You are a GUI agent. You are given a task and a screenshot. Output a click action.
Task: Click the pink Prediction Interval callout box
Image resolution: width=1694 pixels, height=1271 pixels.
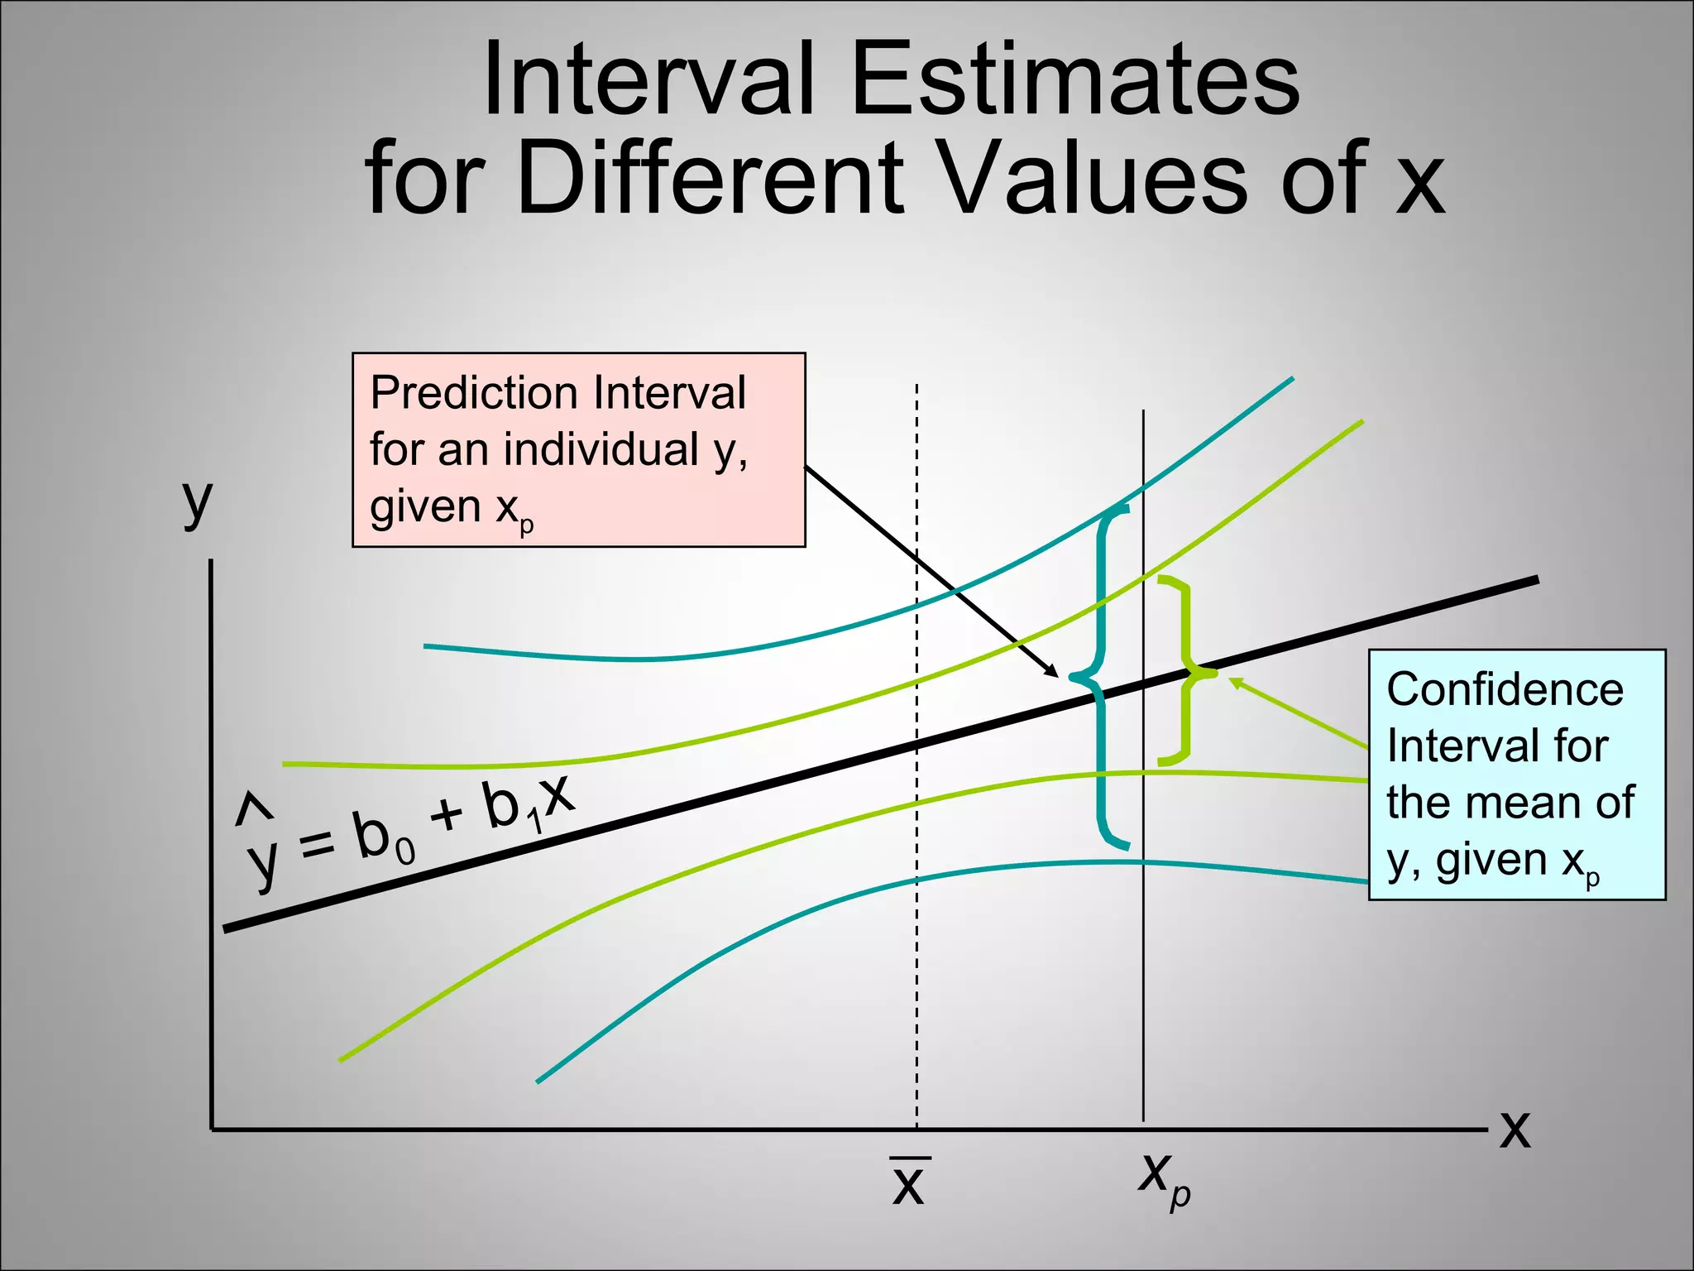(578, 449)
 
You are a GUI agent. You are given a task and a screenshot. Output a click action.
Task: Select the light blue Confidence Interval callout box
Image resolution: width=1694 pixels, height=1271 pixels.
(1516, 774)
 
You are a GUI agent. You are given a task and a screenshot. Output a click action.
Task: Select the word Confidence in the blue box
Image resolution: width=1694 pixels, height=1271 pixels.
(1505, 689)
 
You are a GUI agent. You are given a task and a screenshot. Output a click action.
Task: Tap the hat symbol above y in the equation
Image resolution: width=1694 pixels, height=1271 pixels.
(252, 809)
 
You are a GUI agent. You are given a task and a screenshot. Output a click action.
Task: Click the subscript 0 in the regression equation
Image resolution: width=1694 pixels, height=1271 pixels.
(405, 851)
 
